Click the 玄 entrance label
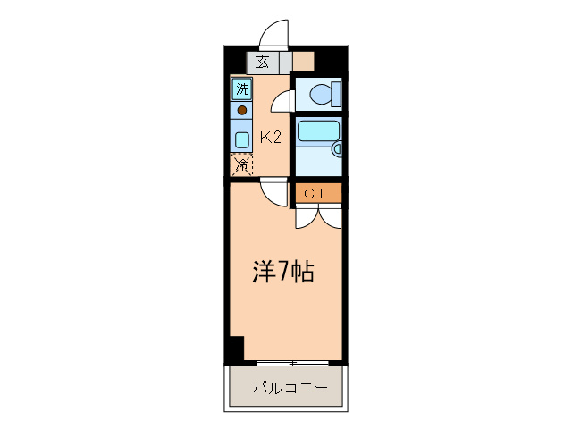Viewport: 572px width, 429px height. pyautogui.click(x=263, y=63)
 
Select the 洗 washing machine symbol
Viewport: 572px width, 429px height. pyautogui.click(x=242, y=89)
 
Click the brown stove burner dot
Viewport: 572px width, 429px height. pyautogui.click(x=242, y=111)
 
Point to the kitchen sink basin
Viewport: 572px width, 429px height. pyautogui.click(x=242, y=139)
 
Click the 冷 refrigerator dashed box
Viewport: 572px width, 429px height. pyautogui.click(x=242, y=164)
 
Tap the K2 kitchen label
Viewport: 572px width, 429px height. pyautogui.click(x=271, y=138)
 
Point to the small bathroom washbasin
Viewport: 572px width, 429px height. pyautogui.click(x=335, y=148)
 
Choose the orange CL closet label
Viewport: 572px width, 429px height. pyautogui.click(x=317, y=192)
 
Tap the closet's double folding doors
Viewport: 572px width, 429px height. pyautogui.click(x=317, y=214)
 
